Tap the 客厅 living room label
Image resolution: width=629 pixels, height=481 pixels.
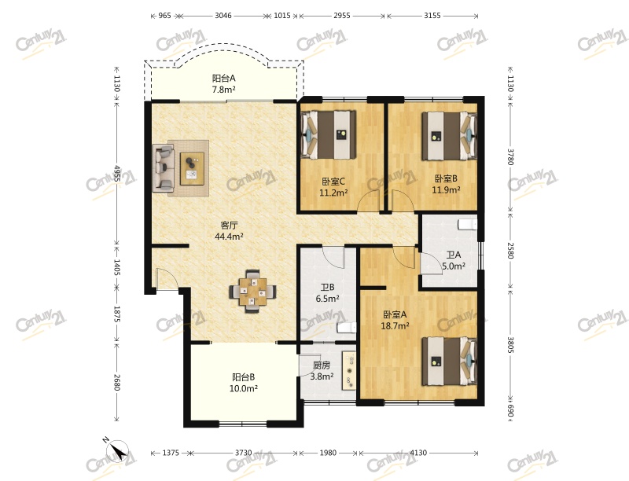tap(229, 226)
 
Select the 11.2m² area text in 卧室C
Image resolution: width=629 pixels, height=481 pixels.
tap(333, 193)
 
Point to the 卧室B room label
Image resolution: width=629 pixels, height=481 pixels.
tap(446, 178)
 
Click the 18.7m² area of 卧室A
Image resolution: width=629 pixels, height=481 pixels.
tap(395, 325)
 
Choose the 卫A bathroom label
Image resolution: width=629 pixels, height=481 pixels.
tap(454, 255)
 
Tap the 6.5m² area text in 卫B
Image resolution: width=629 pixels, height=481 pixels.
tap(328, 298)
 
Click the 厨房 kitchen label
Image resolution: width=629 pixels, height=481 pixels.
tap(322, 365)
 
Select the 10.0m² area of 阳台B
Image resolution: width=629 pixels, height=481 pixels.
tap(244, 388)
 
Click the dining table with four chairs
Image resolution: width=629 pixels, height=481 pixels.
tap(252, 292)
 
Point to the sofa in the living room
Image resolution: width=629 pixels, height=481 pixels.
tap(164, 167)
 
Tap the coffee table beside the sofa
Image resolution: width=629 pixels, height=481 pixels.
tap(192, 168)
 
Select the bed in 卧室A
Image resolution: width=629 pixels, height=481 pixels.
tap(449, 362)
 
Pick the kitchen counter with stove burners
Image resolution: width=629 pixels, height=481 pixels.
tap(348, 370)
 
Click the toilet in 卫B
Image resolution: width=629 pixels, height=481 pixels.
tap(347, 328)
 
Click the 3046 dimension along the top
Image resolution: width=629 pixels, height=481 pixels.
tap(223, 16)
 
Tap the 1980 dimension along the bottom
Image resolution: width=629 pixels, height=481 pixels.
tap(328, 453)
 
